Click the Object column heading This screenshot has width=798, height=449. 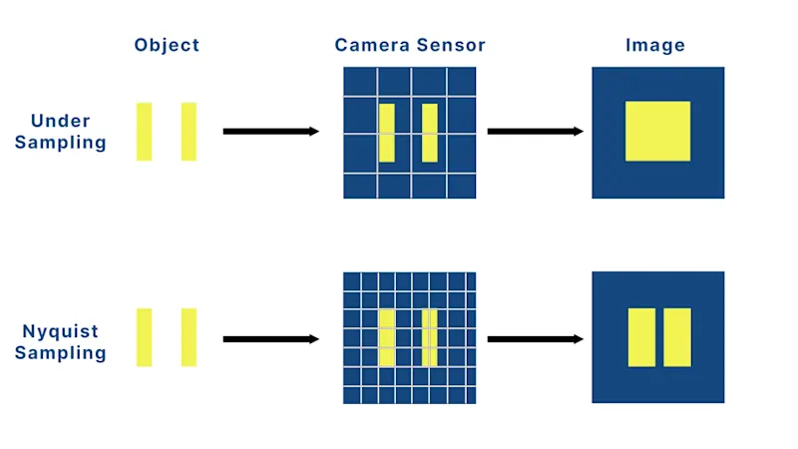pyautogui.click(x=167, y=45)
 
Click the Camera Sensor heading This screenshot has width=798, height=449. pyautogui.click(x=409, y=45)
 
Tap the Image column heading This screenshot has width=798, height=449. pyautogui.click(x=655, y=45)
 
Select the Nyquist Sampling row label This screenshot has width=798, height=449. pyautogui.click(x=61, y=342)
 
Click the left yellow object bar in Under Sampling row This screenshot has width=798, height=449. pyautogui.click(x=145, y=132)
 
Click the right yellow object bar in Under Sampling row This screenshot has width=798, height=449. pyautogui.click(x=189, y=132)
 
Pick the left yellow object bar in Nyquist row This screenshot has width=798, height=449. pyautogui.click(x=145, y=337)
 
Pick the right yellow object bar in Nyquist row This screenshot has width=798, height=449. pyautogui.click(x=189, y=337)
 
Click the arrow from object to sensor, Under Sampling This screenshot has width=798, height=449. pyautogui.click(x=270, y=131)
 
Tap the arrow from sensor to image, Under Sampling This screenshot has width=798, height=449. pyautogui.click(x=535, y=131)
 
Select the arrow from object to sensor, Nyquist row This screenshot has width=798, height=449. pyautogui.click(x=270, y=339)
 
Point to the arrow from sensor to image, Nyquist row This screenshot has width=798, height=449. pyautogui.click(x=535, y=339)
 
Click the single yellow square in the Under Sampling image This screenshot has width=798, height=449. pyautogui.click(x=657, y=131)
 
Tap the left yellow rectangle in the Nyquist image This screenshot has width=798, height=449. pyautogui.click(x=641, y=337)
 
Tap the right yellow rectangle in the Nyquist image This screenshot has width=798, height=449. pyautogui.click(x=677, y=337)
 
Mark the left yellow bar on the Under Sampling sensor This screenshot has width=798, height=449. pyautogui.click(x=387, y=133)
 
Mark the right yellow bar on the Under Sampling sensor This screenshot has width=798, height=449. pyautogui.click(x=430, y=133)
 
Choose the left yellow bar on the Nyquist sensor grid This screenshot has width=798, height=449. pyautogui.click(x=387, y=337)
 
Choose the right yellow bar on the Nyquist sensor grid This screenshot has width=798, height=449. pyautogui.click(x=430, y=337)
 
